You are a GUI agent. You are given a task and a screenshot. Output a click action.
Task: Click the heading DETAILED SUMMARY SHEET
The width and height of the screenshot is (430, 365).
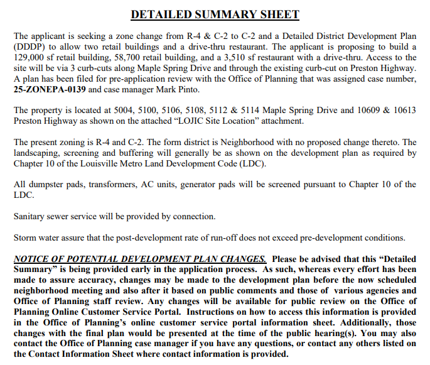(x=215, y=14)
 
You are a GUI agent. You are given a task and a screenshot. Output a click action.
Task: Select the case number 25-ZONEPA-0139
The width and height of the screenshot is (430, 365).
(x=50, y=90)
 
